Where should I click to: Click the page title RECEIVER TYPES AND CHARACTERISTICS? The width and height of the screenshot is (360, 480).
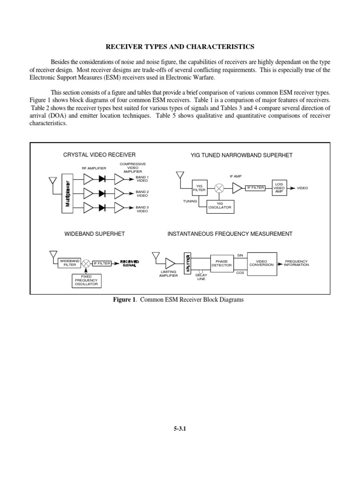(x=180, y=46)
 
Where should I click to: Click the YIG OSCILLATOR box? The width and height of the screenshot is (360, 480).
(x=220, y=206)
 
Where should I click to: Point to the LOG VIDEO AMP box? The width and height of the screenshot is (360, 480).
(x=278, y=187)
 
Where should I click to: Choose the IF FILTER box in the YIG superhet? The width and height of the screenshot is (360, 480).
(x=255, y=187)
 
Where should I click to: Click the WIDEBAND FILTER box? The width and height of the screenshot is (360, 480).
(x=69, y=263)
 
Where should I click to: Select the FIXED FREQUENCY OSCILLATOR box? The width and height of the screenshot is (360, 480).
(x=86, y=280)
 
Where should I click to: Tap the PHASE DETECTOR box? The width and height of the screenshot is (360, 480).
(x=221, y=263)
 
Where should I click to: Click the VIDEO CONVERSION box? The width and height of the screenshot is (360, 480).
(x=261, y=263)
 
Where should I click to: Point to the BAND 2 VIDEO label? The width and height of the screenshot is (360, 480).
(x=142, y=194)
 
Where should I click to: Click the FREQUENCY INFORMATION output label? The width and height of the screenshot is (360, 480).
(x=296, y=263)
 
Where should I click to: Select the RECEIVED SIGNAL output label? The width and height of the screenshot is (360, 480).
(x=129, y=263)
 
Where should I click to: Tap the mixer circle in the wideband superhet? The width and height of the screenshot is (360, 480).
(x=86, y=263)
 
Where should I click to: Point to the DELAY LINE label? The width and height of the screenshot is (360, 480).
(x=201, y=277)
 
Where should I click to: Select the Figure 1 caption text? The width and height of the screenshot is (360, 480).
(x=180, y=300)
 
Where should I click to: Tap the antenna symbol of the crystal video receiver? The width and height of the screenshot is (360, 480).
(x=52, y=180)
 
